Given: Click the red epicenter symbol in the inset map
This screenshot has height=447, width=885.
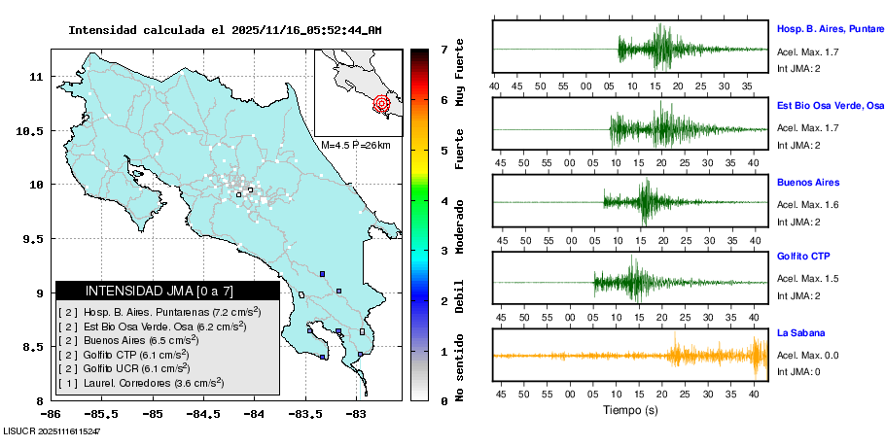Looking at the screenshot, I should [381, 103].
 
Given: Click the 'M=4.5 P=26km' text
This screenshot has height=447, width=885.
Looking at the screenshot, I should [355, 146].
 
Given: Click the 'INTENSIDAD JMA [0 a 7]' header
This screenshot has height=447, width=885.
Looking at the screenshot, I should [159, 291].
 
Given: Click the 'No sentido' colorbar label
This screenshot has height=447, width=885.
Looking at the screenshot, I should [460, 368].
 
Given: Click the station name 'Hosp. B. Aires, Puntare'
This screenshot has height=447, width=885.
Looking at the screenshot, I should [829, 29].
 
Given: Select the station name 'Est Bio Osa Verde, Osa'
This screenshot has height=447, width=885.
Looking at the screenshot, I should [830, 105].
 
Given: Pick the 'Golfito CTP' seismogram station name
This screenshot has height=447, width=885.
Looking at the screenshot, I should [804, 257].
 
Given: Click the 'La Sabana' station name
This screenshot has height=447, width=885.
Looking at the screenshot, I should [799, 332].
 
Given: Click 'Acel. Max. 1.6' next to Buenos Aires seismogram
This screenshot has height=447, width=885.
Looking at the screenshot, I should [808, 204].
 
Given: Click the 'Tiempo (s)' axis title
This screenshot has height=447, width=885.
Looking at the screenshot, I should [630, 410].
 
